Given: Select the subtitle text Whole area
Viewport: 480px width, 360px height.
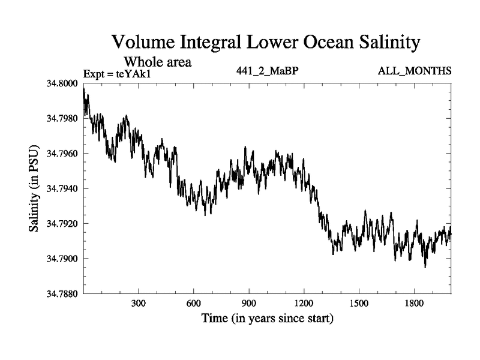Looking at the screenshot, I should coord(157,61).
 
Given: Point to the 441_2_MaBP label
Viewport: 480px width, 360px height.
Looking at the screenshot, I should coord(268,71).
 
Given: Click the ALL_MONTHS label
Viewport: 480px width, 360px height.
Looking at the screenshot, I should coord(415,71).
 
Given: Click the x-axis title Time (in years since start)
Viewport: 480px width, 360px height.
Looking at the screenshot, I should coord(267,319).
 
